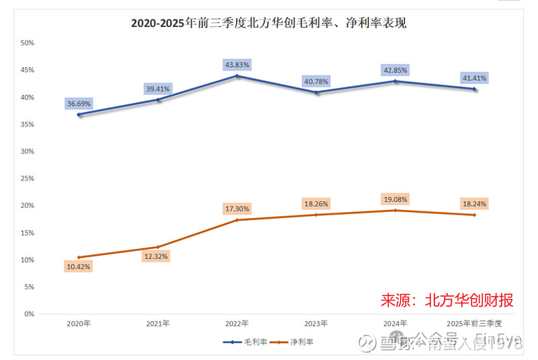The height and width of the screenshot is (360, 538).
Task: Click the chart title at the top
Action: (x=268, y=23)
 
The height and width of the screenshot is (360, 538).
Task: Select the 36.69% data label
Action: (x=79, y=104)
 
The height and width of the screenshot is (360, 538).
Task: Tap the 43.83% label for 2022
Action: (x=237, y=65)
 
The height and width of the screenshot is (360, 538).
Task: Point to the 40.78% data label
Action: (x=317, y=81)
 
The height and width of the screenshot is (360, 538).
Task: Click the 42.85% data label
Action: (x=395, y=70)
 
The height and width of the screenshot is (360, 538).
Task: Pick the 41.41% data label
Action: (x=475, y=78)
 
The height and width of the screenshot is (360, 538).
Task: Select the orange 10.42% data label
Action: (x=79, y=266)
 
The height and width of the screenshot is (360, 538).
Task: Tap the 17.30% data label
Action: (x=237, y=209)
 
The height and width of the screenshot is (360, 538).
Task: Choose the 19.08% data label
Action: (x=395, y=199)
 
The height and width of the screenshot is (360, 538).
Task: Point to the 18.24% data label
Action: (x=475, y=203)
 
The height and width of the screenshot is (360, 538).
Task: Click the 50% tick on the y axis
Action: (x=28, y=43)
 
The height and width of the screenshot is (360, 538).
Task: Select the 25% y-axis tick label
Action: (x=28, y=178)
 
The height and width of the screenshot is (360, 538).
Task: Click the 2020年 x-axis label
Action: (x=79, y=324)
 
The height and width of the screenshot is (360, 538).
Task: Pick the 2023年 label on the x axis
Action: (x=317, y=324)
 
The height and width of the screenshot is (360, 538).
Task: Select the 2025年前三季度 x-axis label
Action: (x=475, y=324)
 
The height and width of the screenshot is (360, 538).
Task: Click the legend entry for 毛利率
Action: (x=246, y=342)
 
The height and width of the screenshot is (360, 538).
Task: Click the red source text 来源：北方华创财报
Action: (x=447, y=300)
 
